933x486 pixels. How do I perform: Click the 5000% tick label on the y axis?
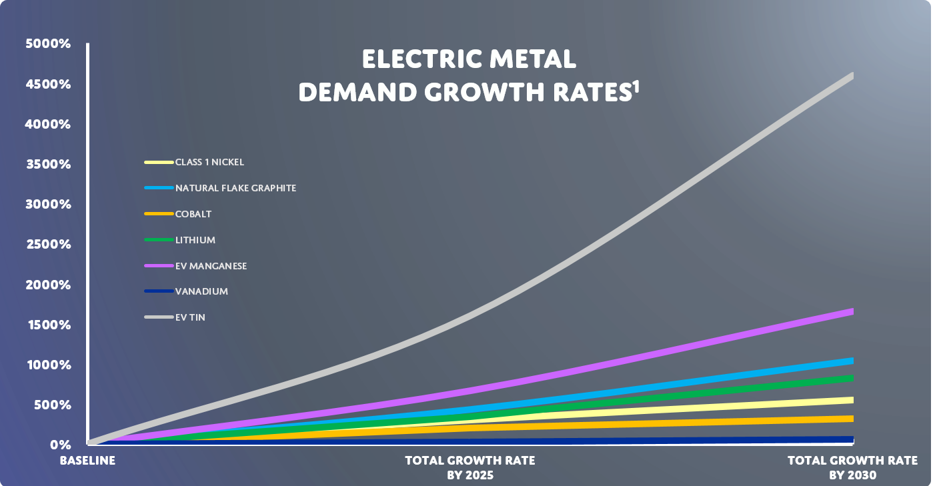[x=48, y=44]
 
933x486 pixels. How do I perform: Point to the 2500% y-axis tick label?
[x=48, y=245]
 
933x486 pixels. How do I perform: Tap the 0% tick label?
[x=59, y=445]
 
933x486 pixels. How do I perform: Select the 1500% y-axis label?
[x=48, y=325]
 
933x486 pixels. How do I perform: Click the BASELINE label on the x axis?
[x=87, y=461]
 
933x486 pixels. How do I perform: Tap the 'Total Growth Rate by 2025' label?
[x=470, y=468]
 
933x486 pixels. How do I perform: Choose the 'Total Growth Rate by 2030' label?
[x=852, y=468]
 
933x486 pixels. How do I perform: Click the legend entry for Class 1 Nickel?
[x=209, y=162]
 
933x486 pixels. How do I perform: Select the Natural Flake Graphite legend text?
[x=235, y=188]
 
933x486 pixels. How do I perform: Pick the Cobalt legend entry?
[x=193, y=214]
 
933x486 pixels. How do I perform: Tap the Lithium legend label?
[x=195, y=240]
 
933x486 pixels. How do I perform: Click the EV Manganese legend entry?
[x=211, y=266]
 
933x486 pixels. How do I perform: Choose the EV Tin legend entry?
[x=190, y=317]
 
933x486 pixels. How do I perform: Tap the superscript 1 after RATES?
[x=635, y=87]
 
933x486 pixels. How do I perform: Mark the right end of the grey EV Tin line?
[x=851, y=76]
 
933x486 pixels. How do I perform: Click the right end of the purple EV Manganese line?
[x=851, y=311]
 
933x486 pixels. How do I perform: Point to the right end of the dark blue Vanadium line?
[x=851, y=439]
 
